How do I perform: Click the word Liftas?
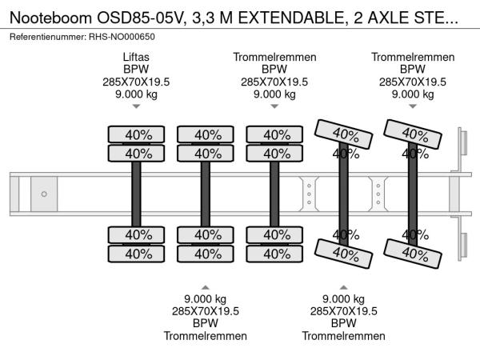[136, 57]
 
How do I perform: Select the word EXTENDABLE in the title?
[298, 14]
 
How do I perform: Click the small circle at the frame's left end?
[44, 194]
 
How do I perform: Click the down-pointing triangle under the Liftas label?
[136, 106]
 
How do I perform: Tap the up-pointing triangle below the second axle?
[206, 287]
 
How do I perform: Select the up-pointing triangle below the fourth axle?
[343, 287]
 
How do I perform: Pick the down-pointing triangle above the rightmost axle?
[412, 106]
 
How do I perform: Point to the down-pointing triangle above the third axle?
[274, 106]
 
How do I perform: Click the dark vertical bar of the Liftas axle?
[136, 194]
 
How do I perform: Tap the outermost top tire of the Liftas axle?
[136, 134]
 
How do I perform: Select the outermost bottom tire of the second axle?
[206, 254]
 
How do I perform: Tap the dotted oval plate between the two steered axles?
[378, 194]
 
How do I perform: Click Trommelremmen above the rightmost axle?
[412, 57]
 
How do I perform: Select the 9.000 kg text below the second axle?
[206, 299]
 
